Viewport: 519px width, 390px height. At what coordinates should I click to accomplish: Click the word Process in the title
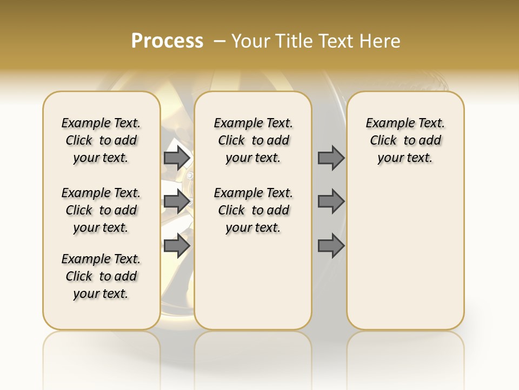[x=167, y=41]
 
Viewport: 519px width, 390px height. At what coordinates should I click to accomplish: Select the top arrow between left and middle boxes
[x=177, y=158]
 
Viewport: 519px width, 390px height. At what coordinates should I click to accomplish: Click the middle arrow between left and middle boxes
[x=177, y=201]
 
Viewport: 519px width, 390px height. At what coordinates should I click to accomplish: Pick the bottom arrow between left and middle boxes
[x=177, y=245]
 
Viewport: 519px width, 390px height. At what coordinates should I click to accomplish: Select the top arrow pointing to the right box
[x=331, y=158]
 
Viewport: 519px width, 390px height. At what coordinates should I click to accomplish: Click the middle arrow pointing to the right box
[x=331, y=201]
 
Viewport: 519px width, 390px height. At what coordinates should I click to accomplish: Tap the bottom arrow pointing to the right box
[x=331, y=245]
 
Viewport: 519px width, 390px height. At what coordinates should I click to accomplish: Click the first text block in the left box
[x=101, y=140]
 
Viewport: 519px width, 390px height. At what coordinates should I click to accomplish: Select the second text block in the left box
[x=101, y=210]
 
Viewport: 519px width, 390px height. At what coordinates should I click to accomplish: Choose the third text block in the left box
[x=101, y=276]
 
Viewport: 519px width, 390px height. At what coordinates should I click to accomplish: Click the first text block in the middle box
[x=253, y=140]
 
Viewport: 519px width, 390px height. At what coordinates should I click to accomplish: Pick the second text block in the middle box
[x=253, y=210]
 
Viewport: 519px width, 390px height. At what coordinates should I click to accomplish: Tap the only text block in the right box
[x=405, y=140]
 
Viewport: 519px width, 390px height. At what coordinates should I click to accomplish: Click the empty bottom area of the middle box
[x=253, y=287]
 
